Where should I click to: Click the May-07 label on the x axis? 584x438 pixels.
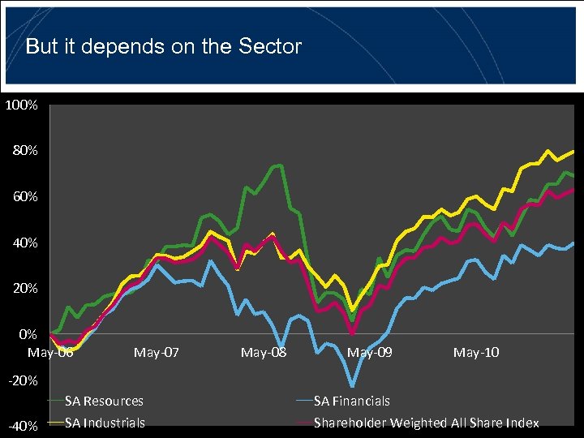[157, 352]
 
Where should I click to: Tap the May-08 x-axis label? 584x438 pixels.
[264, 352]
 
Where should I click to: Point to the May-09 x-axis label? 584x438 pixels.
[370, 352]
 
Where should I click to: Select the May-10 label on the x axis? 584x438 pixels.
[476, 352]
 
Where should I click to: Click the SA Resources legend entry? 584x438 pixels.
[104, 401]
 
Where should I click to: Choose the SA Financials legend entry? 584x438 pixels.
[351, 401]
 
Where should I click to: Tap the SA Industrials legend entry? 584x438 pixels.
[105, 423]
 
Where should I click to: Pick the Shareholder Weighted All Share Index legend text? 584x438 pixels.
[426, 423]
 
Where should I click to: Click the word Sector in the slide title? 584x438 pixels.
[270, 46]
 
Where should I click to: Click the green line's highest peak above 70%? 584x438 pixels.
[280, 165]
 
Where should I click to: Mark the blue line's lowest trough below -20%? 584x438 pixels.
[352, 386]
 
